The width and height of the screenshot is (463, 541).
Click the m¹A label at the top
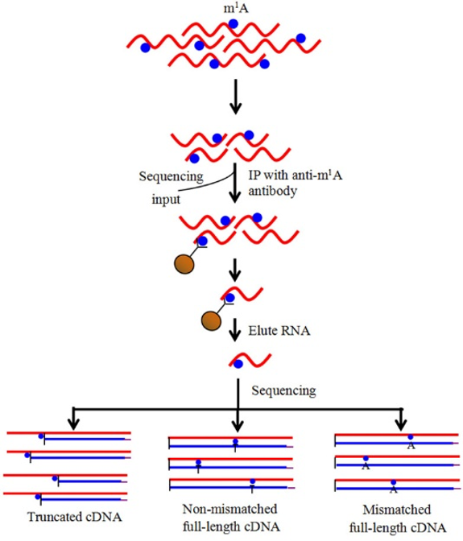(236, 7)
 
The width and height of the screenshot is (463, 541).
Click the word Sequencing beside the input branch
(172, 176)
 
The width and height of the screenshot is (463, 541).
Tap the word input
(166, 199)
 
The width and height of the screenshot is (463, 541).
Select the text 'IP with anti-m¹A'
(296, 175)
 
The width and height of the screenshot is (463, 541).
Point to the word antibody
(272, 191)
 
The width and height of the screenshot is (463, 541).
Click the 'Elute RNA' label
(279, 331)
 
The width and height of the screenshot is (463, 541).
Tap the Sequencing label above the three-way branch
(283, 390)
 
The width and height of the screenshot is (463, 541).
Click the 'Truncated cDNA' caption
(75, 517)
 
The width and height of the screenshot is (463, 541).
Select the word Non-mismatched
(229, 509)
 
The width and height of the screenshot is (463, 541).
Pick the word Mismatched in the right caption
(397, 510)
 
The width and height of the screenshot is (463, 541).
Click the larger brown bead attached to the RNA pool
(184, 264)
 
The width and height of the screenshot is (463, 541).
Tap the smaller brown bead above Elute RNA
(211, 320)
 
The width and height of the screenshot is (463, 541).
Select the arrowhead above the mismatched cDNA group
(400, 424)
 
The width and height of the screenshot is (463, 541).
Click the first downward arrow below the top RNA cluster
(235, 97)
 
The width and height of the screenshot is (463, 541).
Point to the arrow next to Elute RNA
(235, 330)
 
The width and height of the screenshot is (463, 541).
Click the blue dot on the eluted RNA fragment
(238, 364)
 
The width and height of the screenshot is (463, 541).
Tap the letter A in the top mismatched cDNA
(411, 446)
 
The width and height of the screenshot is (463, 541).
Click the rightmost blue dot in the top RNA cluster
(301, 38)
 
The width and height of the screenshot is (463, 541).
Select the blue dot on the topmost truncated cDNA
(41, 436)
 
